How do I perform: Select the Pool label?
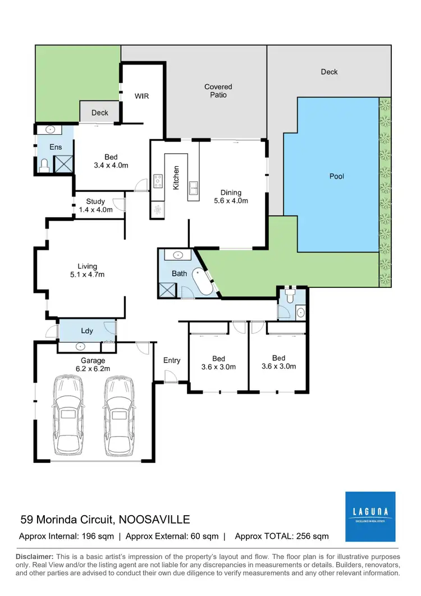[336, 176]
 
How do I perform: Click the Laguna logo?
[370, 516]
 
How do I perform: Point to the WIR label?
[141, 96]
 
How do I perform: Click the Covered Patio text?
[218, 91]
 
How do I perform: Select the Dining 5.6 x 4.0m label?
[231, 196]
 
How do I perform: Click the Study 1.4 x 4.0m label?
[99, 205]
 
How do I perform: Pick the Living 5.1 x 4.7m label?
[87, 271]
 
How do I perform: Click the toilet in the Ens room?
[44, 164]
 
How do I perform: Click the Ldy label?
[87, 331]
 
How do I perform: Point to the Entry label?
[172, 360]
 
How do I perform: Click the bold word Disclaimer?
[35, 556]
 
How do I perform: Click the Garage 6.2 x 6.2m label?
[93, 364]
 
